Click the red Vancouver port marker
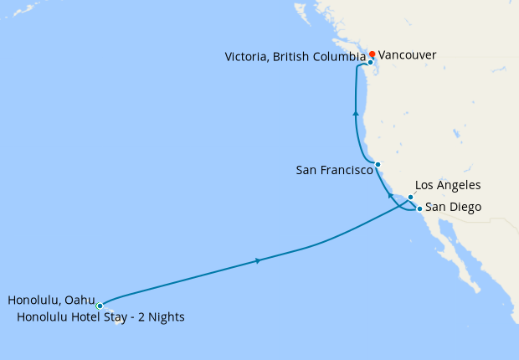tap(373, 54)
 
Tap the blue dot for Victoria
tap(370, 62)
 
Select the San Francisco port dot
tap(378, 164)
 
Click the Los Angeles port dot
tap(410, 198)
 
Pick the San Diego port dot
tap(419, 208)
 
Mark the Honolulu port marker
tap(100, 306)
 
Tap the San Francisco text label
tap(334, 170)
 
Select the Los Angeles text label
tap(448, 185)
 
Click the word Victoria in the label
tap(248, 57)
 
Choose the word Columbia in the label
tap(336, 57)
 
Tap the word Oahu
tap(80, 300)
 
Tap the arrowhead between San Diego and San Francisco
tap(390, 195)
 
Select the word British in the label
tap(289, 57)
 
